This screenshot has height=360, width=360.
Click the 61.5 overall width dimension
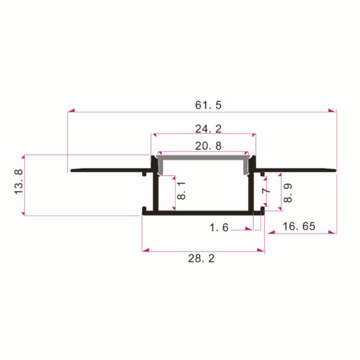click(208, 105)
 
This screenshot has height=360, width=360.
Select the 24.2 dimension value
click(208, 129)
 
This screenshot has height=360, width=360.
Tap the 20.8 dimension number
click(208, 146)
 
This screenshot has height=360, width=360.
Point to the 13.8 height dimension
click(19, 182)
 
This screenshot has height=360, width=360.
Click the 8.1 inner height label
click(181, 190)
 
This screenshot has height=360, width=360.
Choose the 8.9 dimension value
click(287, 193)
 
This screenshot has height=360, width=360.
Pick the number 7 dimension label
click(266, 191)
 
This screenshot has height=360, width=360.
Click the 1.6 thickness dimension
click(219, 227)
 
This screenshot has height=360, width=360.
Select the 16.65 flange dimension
click(299, 226)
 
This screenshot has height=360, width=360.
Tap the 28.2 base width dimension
click(202, 259)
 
